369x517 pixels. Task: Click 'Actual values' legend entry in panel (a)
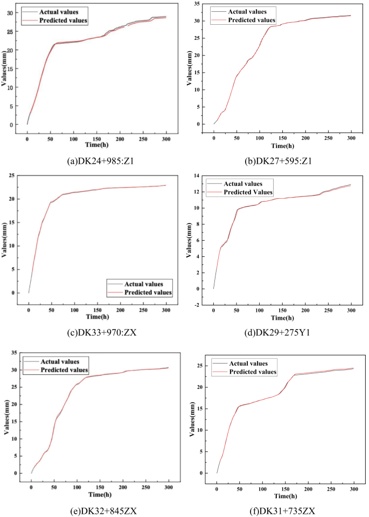[59, 12]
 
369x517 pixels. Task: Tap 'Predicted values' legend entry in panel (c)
[147, 292]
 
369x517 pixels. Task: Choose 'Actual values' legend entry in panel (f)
[252, 364]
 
